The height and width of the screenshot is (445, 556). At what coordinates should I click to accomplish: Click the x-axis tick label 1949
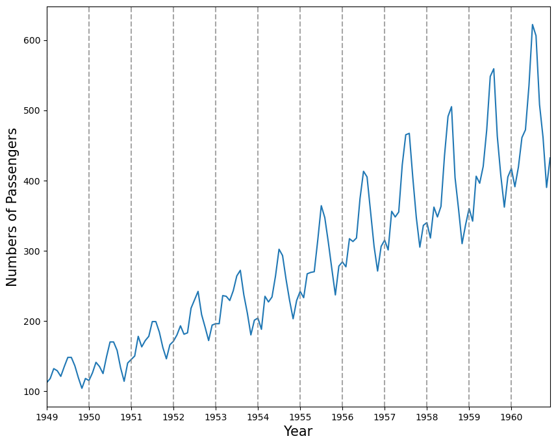pyautogui.click(x=47, y=416)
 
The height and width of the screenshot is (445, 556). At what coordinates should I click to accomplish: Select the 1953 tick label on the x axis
pyautogui.click(x=216, y=416)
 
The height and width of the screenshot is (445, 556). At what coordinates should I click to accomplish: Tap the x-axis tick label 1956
pyautogui.click(x=342, y=416)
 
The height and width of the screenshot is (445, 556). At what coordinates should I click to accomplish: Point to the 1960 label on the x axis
pyautogui.click(x=511, y=416)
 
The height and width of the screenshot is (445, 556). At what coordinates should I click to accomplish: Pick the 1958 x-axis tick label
pyautogui.click(x=427, y=416)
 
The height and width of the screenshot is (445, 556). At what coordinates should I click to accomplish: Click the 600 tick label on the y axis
pyautogui.click(x=32, y=40)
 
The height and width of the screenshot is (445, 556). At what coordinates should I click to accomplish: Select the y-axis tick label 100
pyautogui.click(x=32, y=392)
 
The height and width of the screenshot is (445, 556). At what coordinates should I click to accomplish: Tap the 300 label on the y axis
pyautogui.click(x=32, y=251)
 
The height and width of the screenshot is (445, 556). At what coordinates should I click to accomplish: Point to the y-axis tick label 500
pyautogui.click(x=32, y=110)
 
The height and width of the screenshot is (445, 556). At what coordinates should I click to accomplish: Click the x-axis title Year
pyautogui.click(x=298, y=431)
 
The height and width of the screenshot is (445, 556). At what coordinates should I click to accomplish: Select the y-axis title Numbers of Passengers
pyautogui.click(x=12, y=207)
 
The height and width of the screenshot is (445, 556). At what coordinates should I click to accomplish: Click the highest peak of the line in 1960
pyautogui.click(x=533, y=25)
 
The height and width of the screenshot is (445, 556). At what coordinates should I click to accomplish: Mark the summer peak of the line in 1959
pyautogui.click(x=494, y=69)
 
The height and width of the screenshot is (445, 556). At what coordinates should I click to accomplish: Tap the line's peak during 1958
pyautogui.click(x=451, y=107)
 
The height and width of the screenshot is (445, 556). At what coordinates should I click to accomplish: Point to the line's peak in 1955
pyautogui.click(x=321, y=205)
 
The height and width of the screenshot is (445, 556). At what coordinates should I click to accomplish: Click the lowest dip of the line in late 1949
pyautogui.click(x=82, y=388)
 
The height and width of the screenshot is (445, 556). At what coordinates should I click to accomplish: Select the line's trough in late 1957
pyautogui.click(x=420, y=247)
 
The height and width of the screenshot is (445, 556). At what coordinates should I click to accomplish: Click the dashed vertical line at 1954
pyautogui.click(x=258, y=195)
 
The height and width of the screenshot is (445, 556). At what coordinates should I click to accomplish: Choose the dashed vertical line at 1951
pyautogui.click(x=131, y=195)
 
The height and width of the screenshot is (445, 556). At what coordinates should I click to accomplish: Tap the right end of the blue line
pyautogui.click(x=550, y=158)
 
